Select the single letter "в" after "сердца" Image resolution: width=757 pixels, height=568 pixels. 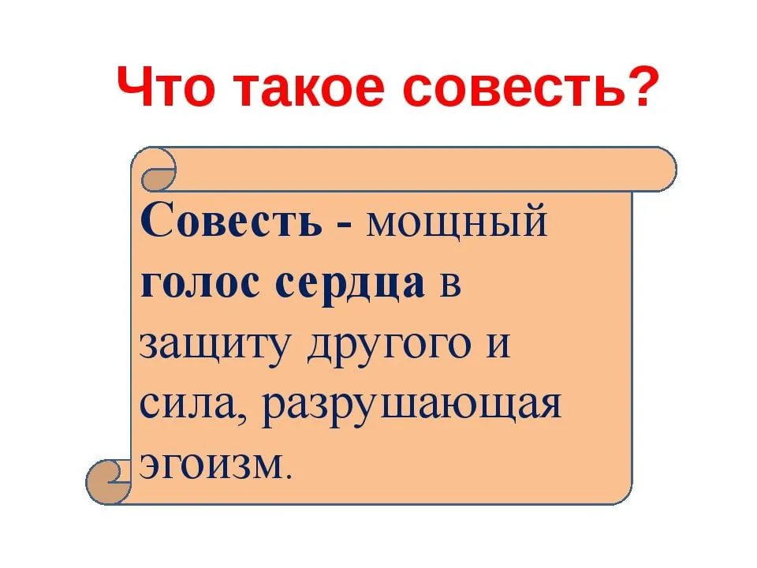(x=451, y=286)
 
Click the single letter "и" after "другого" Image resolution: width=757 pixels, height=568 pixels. (x=498, y=344)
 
